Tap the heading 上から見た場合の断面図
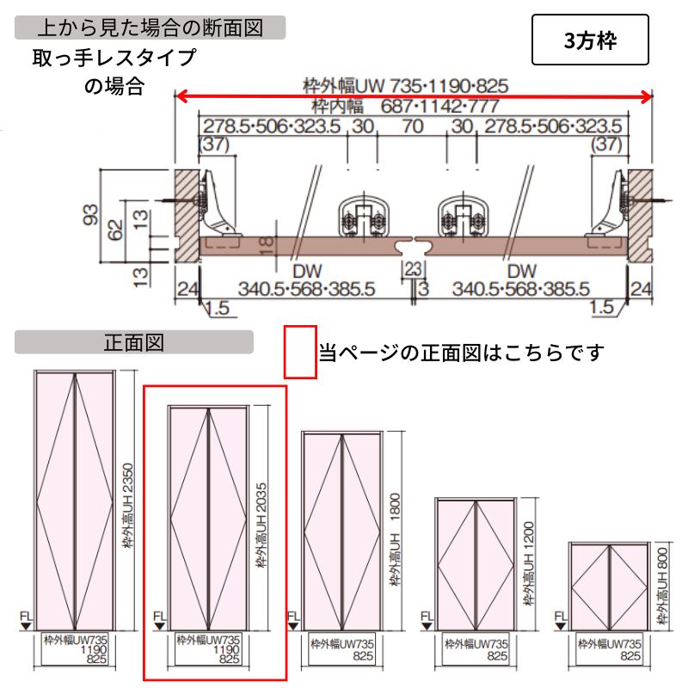tap(150, 27)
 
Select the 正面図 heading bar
tap(133, 342)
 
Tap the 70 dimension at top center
tap(413, 126)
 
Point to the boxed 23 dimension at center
tap(413, 269)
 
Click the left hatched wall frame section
tap(187, 215)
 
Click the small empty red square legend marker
tap(301, 351)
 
